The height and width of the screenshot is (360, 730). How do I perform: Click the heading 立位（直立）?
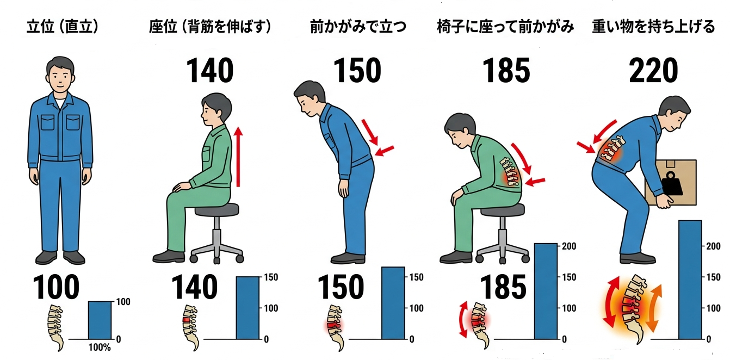click(62, 27)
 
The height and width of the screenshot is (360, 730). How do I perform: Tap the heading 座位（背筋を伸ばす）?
click(210, 27)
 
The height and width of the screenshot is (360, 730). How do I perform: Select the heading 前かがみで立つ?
click(358, 27)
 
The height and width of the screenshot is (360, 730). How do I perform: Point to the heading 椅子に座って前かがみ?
click(505, 27)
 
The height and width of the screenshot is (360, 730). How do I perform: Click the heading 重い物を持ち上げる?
click(653, 27)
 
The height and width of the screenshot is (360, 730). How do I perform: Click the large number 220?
click(653, 71)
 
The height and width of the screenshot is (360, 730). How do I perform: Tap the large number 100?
click(55, 287)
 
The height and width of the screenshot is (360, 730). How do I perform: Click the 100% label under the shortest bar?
click(100, 347)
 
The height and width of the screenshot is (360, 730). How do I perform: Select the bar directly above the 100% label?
click(100, 320)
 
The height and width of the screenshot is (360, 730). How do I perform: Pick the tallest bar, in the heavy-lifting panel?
click(690, 280)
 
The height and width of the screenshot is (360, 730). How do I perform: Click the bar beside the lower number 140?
click(248, 308)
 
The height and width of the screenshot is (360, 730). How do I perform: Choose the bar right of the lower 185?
click(546, 291)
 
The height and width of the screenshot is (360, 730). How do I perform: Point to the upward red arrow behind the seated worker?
click(238, 157)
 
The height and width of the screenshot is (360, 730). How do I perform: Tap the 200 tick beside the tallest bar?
click(713, 246)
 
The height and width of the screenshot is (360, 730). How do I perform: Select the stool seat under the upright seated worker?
click(216, 210)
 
